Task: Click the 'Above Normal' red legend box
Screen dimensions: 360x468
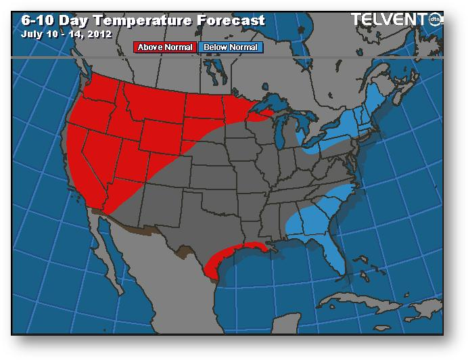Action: pyautogui.click(x=166, y=47)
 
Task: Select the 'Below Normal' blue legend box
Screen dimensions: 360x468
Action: pyautogui.click(x=230, y=47)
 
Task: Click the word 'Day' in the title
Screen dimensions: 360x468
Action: pyautogui.click(x=75, y=20)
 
